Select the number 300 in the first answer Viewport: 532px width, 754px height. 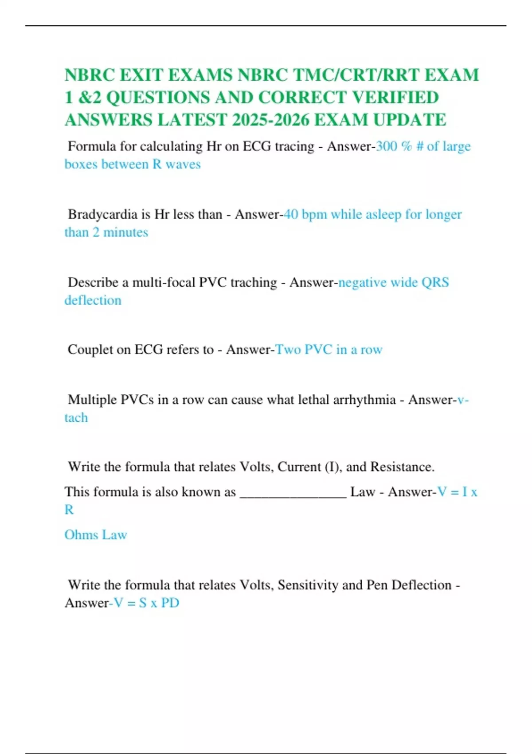[386, 146]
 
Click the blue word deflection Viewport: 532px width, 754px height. [93, 300]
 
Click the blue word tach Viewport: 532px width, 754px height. [76, 418]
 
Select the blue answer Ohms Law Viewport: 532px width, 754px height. [96, 535]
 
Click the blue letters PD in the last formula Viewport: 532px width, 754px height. [170, 603]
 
